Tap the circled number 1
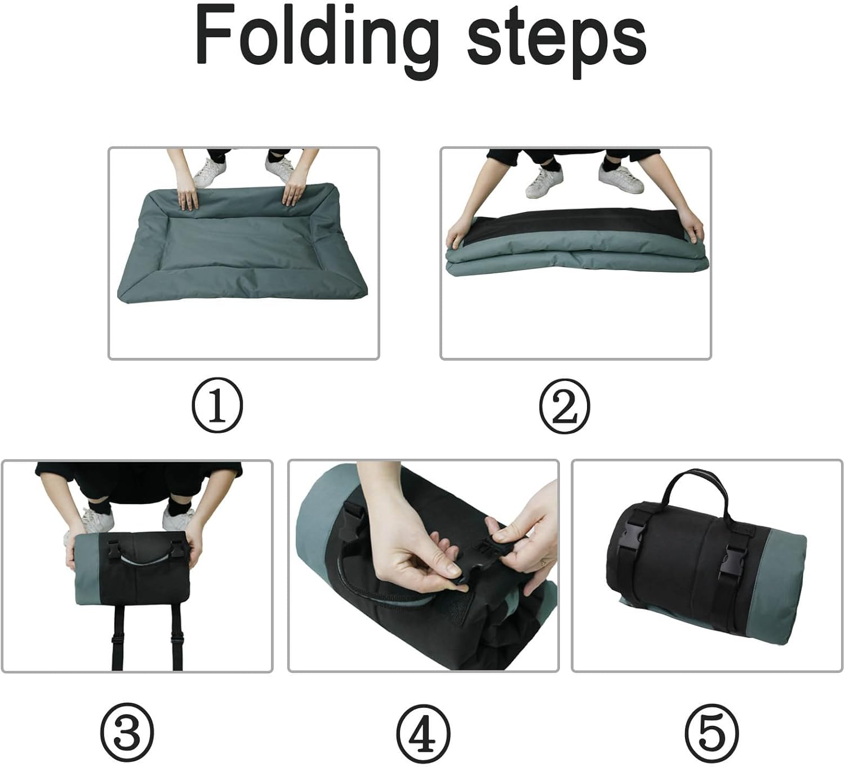tap(217, 405)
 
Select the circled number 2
tap(564, 405)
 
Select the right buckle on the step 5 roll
tap(731, 564)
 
